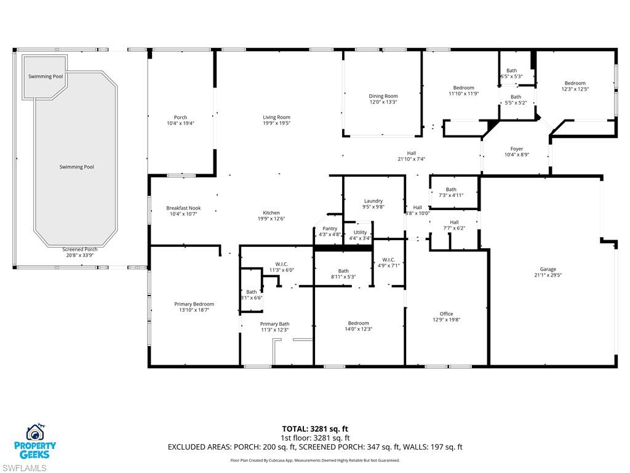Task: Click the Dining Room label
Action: coord(383,96)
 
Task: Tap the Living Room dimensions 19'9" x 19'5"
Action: coord(276,124)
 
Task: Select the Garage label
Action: coord(548,269)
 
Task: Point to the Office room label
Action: coord(446,313)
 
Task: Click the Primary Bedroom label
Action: coord(194,304)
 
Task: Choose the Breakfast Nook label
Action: coord(183,208)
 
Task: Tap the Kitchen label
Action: coord(271,212)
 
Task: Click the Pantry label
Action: coord(330,228)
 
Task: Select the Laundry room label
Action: coord(373,201)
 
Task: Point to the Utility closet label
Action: coord(360,232)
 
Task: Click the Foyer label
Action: coord(517,148)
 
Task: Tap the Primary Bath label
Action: coord(274,324)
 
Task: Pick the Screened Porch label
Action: coord(80,249)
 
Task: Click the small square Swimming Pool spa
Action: coord(45,77)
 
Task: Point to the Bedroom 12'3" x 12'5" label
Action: coord(575,83)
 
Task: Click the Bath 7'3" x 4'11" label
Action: coord(451,190)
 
